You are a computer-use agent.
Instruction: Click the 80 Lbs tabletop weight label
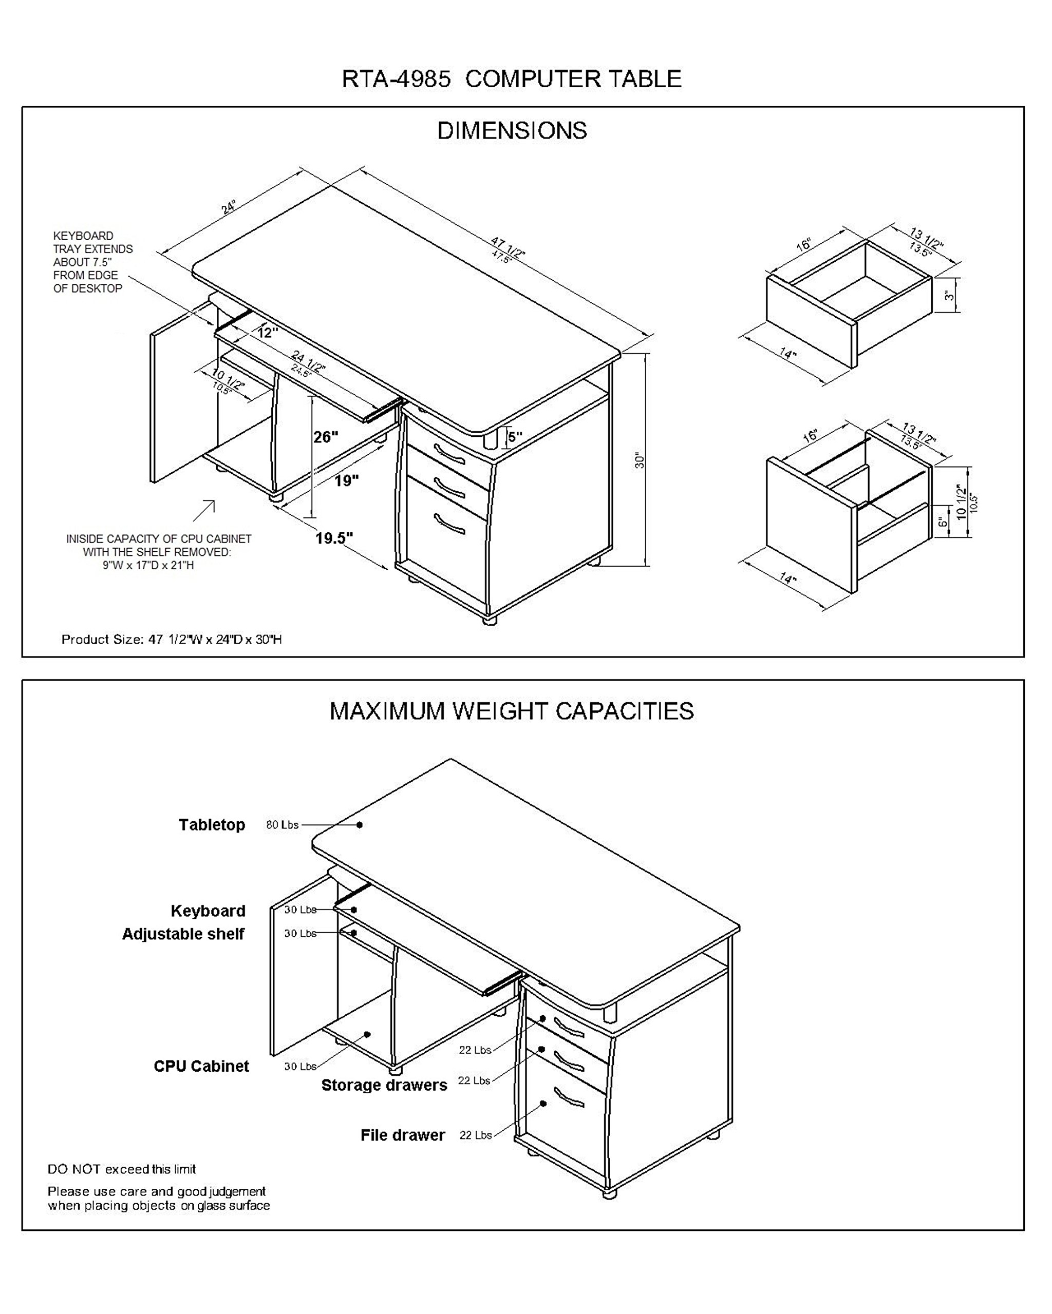click(282, 825)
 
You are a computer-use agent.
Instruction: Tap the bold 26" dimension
click(325, 437)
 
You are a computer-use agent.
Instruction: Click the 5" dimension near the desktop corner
click(515, 436)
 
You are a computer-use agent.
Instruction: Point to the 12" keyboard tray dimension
click(267, 333)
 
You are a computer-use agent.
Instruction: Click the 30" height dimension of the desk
click(639, 460)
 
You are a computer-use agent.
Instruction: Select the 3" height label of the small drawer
click(949, 296)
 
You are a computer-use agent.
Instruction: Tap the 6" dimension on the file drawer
click(942, 521)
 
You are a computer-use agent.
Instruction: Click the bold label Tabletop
click(212, 825)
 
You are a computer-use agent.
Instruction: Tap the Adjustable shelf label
click(183, 934)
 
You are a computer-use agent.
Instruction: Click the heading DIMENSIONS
click(512, 130)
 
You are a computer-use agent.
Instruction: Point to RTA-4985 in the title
click(396, 79)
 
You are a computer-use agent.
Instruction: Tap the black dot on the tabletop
click(360, 825)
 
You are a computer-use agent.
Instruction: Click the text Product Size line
click(172, 640)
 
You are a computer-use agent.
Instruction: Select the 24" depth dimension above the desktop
click(228, 207)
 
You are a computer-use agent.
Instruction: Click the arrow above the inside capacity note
click(205, 510)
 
